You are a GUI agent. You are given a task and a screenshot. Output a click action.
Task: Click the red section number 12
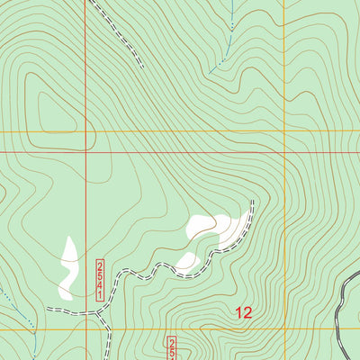click(243, 313)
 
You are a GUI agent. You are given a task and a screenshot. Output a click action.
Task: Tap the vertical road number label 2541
click(101, 273)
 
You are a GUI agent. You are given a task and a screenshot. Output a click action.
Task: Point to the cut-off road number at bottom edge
click(173, 347)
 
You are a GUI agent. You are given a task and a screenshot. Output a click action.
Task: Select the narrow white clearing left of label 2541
click(67, 268)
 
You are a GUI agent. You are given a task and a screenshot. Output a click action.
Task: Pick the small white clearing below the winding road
click(188, 262)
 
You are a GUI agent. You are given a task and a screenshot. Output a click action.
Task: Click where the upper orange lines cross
click(284, 132)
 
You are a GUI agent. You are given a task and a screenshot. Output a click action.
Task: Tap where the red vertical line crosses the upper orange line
click(86, 132)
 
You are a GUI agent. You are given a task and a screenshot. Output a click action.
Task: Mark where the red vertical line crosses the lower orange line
click(86, 329)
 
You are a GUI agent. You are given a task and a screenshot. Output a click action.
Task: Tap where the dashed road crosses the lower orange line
click(109, 329)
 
